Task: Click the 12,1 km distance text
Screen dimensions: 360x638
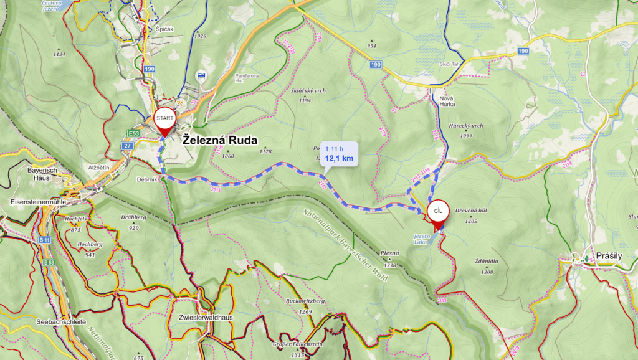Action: point(340,159)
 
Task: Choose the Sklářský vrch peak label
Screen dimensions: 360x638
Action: point(308,91)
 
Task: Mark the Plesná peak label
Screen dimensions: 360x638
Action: point(391,253)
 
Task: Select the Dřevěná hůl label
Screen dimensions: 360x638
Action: point(471,211)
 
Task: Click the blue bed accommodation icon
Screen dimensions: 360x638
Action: point(201,75)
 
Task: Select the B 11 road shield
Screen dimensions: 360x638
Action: point(44,239)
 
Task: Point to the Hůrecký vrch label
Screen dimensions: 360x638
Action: point(466,126)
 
